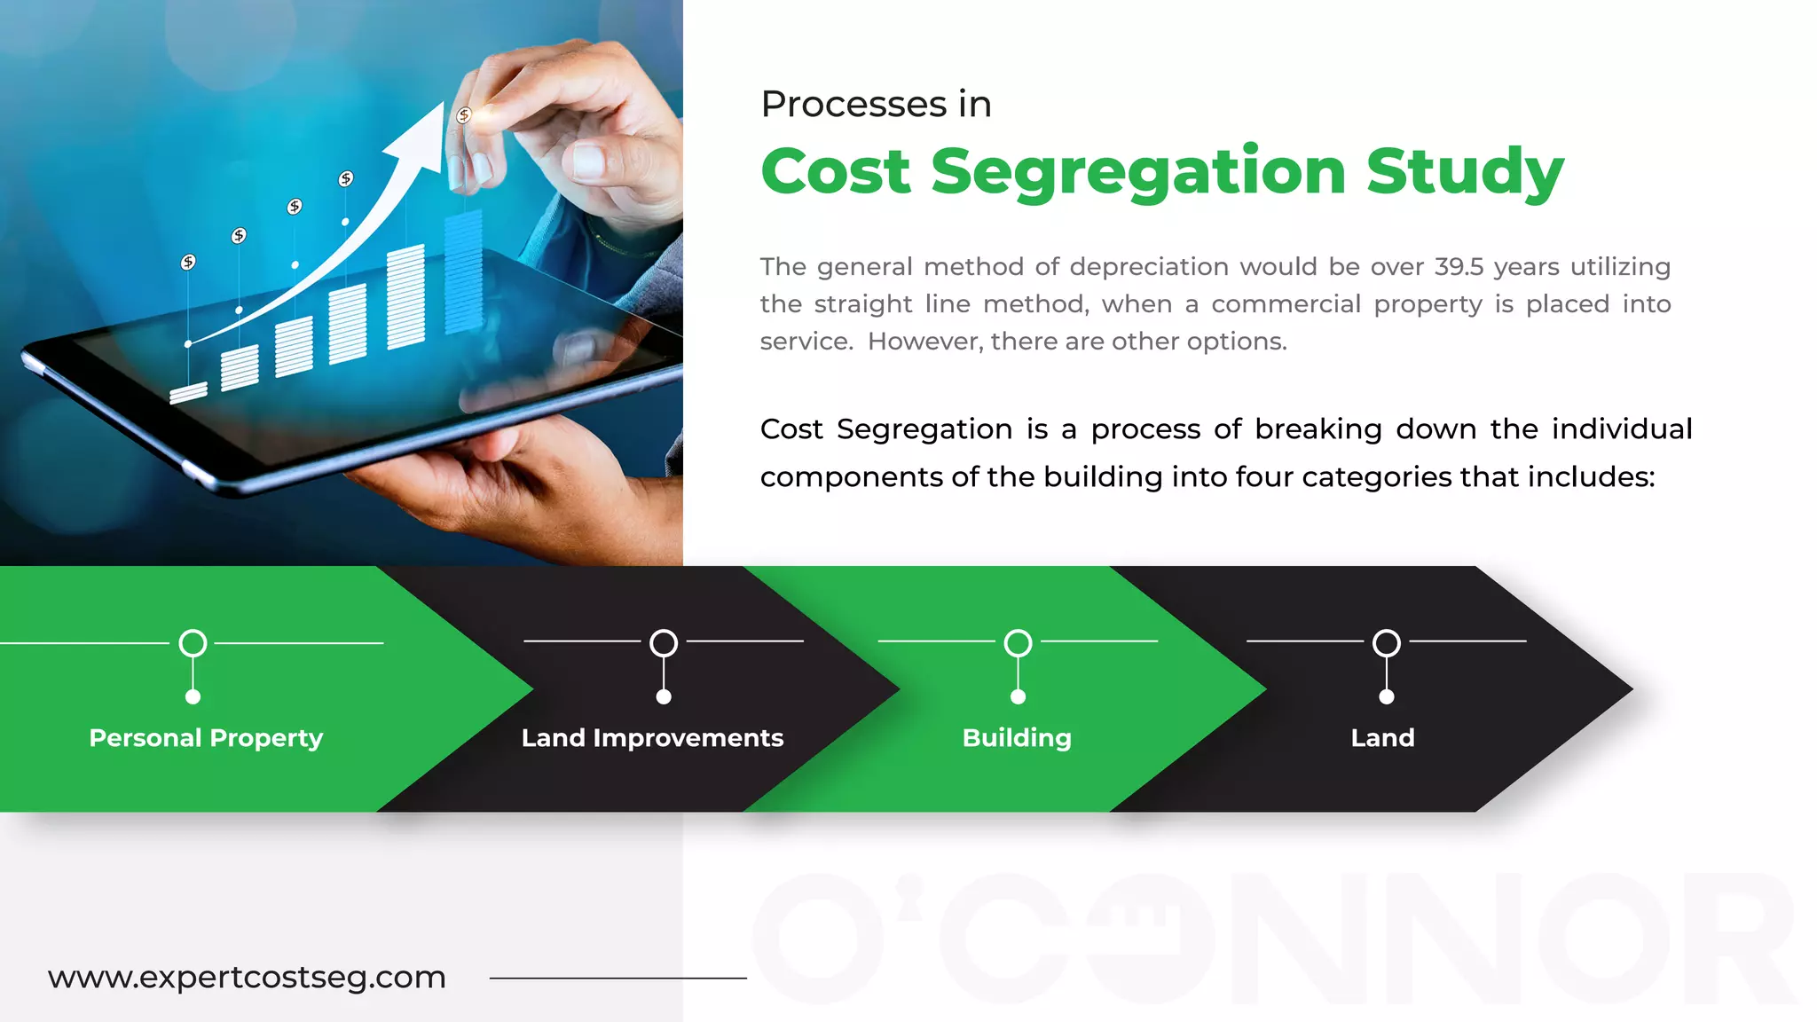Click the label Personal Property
[x=206, y=738]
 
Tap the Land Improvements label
[x=652, y=738]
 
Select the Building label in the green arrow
[x=1017, y=738]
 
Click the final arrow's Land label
[x=1382, y=738]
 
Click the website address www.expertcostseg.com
[x=247, y=978]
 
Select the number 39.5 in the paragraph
[x=1459, y=267]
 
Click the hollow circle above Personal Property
[x=193, y=643]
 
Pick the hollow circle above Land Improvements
[x=664, y=643]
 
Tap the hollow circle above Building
[x=1018, y=643]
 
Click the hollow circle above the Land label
[x=1387, y=643]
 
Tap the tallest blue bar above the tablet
[x=463, y=271]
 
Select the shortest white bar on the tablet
[x=188, y=392]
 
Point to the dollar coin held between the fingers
[x=463, y=115]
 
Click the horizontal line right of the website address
[x=617, y=978]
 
